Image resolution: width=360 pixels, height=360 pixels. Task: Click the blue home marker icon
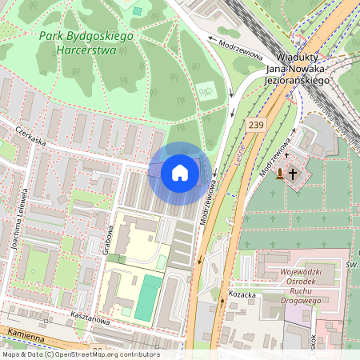click(x=180, y=173)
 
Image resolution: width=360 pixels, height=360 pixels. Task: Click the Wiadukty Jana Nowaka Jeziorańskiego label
click(x=298, y=69)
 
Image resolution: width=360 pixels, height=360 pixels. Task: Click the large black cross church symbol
click(x=293, y=173)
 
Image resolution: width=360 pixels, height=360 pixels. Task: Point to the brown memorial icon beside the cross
click(x=278, y=173)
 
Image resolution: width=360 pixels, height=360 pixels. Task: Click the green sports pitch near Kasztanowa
click(x=146, y=298)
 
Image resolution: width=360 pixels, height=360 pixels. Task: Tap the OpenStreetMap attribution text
click(x=80, y=354)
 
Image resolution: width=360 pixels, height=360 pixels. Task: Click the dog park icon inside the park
click(x=206, y=90)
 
